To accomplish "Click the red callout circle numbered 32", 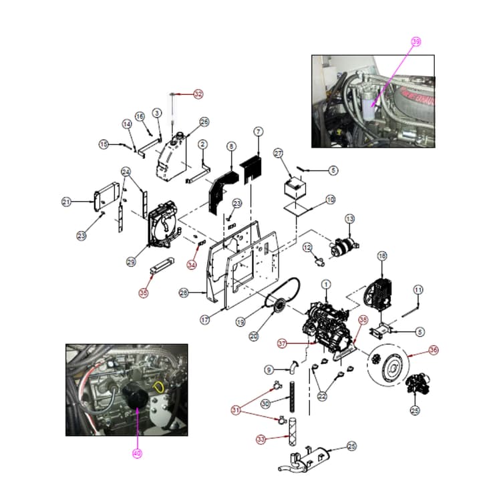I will (x=198, y=94).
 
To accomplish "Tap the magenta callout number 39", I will (x=416, y=41).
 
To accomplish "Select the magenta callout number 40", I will (x=137, y=452).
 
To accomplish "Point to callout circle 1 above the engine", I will (x=326, y=285).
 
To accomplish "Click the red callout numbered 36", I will (x=434, y=349).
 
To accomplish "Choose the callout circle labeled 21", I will (x=66, y=202).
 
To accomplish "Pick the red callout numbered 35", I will (x=144, y=292).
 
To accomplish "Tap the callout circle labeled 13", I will (x=349, y=219).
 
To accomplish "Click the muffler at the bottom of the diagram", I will (x=307, y=460).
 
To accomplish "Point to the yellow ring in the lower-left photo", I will (x=159, y=387).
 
